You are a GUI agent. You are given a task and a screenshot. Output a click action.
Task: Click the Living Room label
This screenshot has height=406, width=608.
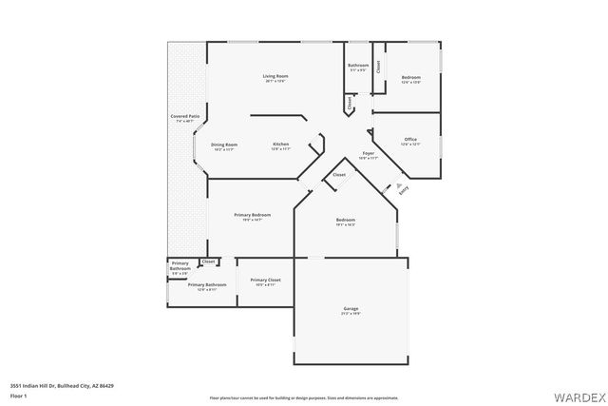tap(275, 76)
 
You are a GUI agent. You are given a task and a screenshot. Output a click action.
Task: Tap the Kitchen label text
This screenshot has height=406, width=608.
tap(280, 145)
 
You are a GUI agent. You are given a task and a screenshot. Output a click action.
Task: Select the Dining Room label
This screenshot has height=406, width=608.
tap(225, 145)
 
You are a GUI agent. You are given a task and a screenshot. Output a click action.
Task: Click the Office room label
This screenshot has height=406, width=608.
tap(410, 140)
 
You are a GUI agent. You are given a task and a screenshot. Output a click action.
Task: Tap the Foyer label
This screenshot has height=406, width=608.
tap(369, 153)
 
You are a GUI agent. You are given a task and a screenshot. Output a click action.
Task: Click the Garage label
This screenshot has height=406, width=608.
tap(351, 309)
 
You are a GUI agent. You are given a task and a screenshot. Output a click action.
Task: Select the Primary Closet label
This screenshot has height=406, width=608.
tap(265, 280)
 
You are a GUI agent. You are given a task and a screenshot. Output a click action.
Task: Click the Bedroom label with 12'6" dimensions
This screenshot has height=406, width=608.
tap(410, 77)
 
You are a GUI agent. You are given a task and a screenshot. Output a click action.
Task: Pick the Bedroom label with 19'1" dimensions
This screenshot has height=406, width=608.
tap(346, 221)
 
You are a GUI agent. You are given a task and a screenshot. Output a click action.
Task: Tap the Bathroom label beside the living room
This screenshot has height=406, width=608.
tap(358, 67)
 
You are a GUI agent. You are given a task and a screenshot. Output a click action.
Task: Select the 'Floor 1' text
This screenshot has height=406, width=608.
tap(18, 396)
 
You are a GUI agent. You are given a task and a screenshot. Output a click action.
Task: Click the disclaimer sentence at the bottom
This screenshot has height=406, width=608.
tap(304, 396)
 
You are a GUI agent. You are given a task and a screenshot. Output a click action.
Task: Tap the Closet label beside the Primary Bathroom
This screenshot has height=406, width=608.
tap(209, 261)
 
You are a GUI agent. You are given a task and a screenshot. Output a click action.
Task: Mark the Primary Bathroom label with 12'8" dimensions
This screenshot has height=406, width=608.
tap(206, 285)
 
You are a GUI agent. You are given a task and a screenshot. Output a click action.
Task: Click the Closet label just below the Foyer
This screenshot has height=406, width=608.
tap(339, 175)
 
